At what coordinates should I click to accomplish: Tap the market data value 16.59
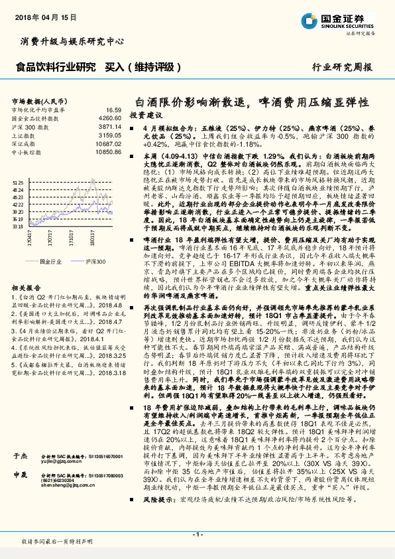pos(113,109)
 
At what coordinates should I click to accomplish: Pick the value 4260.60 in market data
pos(110,118)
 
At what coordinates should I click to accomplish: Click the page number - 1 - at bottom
pos(197,534)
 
